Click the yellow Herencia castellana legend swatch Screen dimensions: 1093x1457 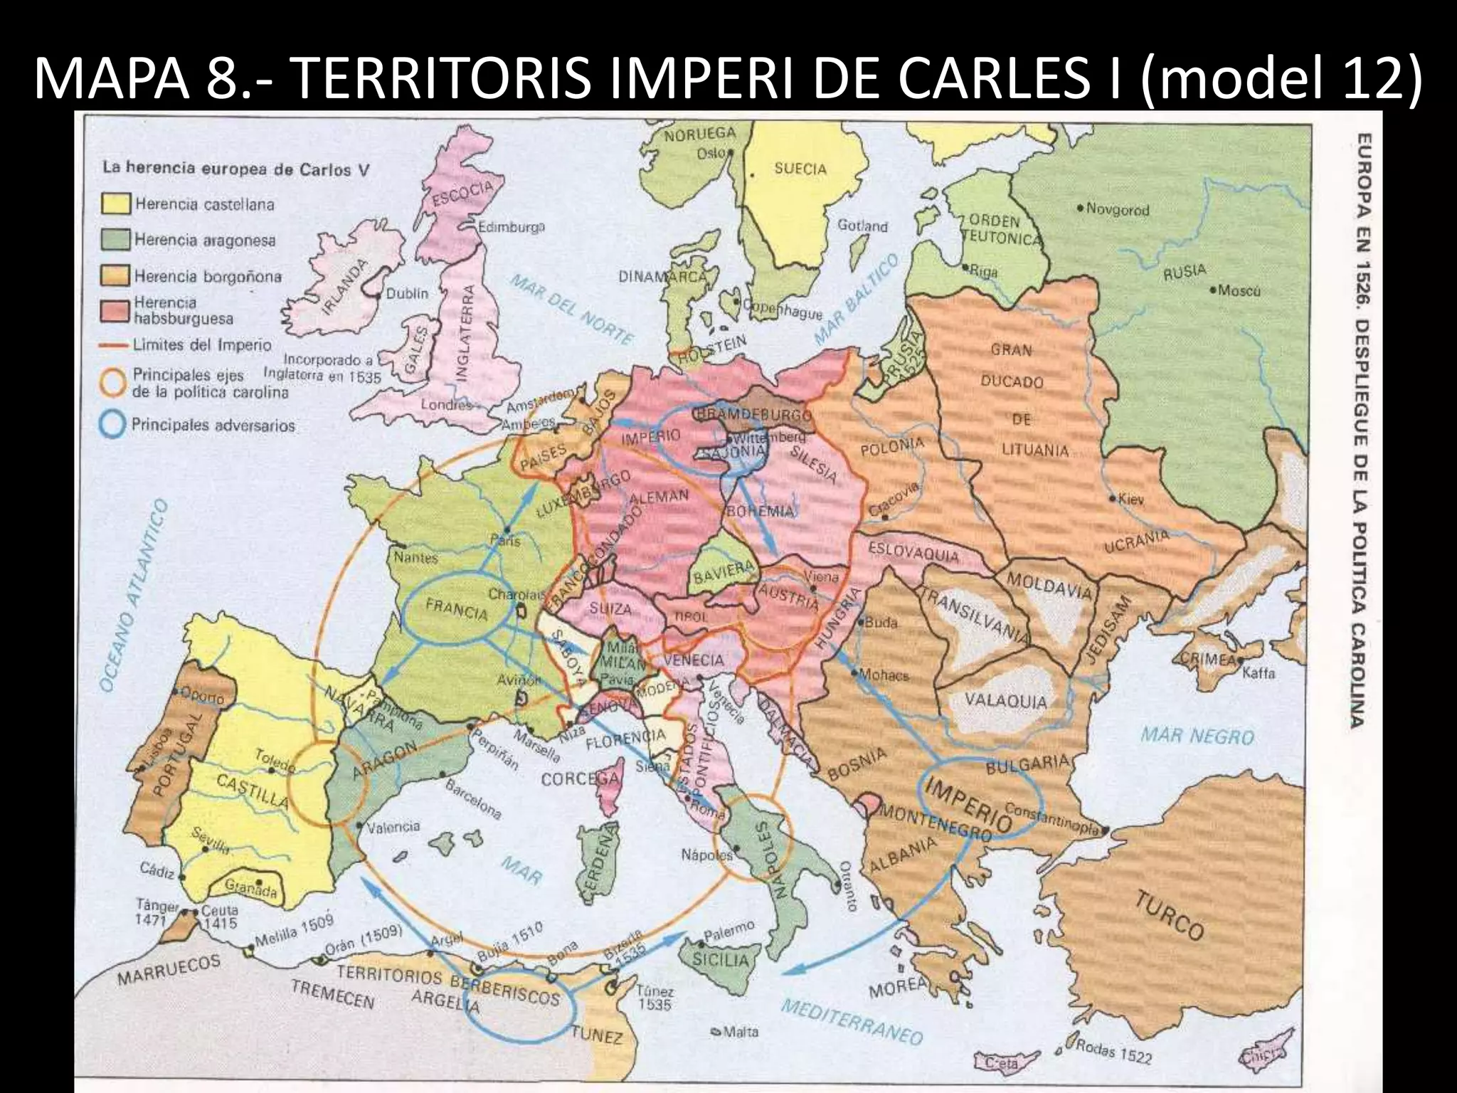(x=116, y=205)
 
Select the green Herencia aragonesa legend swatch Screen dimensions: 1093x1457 (x=116, y=240)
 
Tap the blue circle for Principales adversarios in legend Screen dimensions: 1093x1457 (x=112, y=426)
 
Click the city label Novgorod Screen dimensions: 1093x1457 (x=1118, y=210)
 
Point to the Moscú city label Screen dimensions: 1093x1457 (x=1239, y=291)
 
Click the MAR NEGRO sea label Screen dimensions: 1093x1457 (x=1197, y=735)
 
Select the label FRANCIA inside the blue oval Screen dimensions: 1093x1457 (x=457, y=610)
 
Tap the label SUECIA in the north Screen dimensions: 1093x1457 (x=800, y=169)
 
